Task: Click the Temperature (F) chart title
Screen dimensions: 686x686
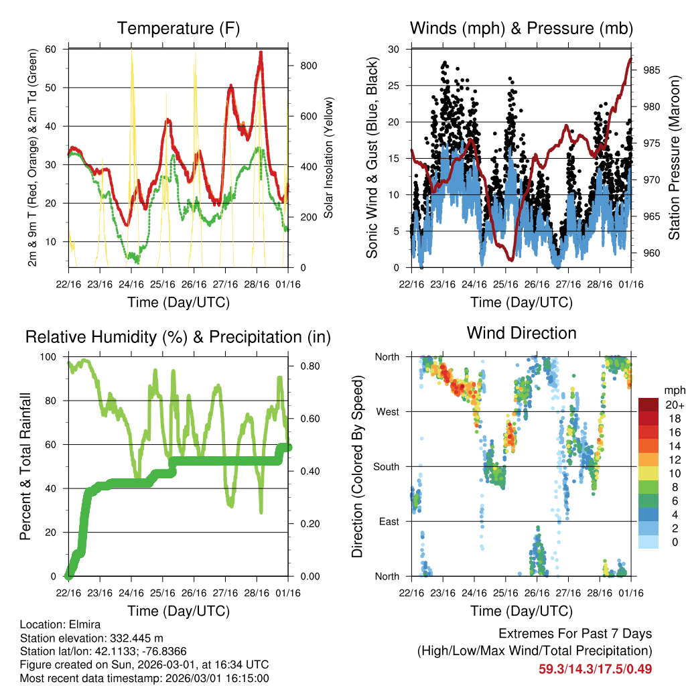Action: click(x=178, y=28)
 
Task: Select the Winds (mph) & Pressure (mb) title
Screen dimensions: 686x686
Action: click(x=521, y=28)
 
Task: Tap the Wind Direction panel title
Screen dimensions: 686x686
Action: click(x=521, y=332)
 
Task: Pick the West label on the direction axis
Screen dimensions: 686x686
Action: click(x=388, y=411)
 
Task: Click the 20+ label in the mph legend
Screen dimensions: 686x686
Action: click(x=673, y=405)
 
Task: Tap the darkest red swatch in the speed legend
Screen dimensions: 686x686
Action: click(x=648, y=405)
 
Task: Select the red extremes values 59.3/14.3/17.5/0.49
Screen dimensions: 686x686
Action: click(x=595, y=669)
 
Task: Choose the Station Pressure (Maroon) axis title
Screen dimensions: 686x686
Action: click(x=675, y=157)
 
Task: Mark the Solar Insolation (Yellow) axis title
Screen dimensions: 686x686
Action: click(x=328, y=157)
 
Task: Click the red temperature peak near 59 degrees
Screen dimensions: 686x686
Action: click(x=261, y=53)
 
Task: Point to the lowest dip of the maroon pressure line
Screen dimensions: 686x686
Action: click(x=510, y=259)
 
